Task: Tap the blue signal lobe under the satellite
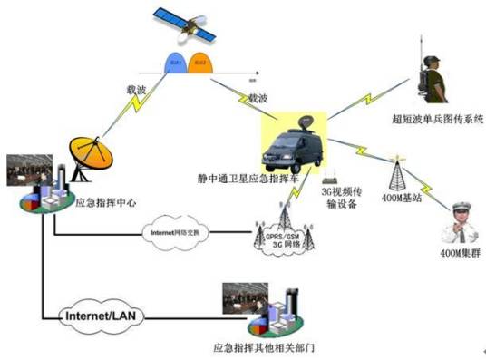[x=176, y=64]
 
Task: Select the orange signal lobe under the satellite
[x=203, y=64]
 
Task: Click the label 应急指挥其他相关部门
[x=262, y=347]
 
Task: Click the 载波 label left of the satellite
[x=139, y=90]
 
